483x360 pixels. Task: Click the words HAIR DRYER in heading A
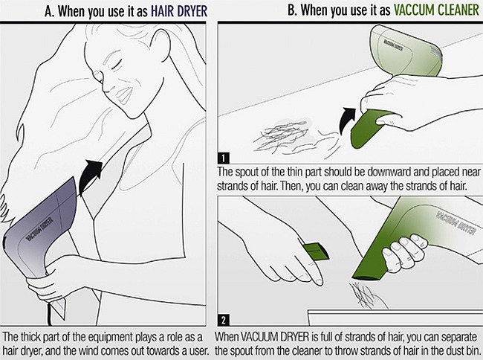[x=178, y=11]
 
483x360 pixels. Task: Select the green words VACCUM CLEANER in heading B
[x=436, y=10]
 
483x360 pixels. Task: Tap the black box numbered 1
[x=223, y=158]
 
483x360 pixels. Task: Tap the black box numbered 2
[x=224, y=321]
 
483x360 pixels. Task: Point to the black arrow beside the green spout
[x=346, y=120]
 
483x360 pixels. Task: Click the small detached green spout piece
[x=316, y=252]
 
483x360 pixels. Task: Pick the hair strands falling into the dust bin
[x=366, y=295]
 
